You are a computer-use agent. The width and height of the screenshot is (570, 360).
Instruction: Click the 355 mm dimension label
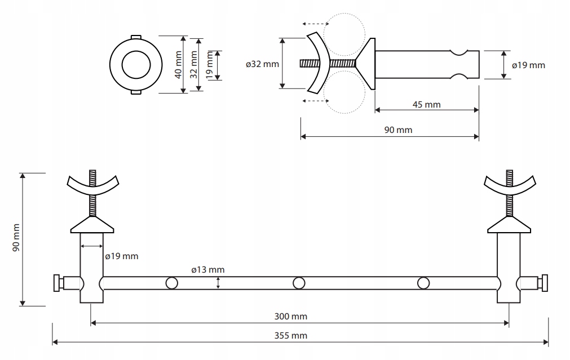(290, 335)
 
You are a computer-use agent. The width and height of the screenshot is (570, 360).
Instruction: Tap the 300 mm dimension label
(290, 317)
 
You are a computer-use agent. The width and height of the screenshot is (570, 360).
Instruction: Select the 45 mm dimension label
(426, 105)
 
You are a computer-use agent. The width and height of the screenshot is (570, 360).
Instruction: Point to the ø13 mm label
(208, 269)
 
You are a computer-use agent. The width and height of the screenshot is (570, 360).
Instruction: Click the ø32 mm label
(262, 64)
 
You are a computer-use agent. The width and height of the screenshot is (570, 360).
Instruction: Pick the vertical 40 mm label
(178, 65)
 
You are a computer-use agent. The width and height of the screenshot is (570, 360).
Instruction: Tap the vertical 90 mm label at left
(16, 238)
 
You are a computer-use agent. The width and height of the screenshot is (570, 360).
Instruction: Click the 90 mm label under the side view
(398, 130)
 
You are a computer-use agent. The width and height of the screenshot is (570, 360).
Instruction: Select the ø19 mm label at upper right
(528, 65)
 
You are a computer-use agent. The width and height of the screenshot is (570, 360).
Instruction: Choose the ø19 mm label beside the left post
(122, 256)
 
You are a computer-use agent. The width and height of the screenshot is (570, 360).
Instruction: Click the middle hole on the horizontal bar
(299, 283)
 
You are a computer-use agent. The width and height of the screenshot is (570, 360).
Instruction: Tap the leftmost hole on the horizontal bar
(171, 283)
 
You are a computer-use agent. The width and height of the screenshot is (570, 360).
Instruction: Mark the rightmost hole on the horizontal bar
(423, 283)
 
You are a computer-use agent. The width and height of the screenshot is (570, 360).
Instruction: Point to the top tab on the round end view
(136, 37)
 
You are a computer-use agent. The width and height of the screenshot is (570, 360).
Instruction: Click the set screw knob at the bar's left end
(57, 283)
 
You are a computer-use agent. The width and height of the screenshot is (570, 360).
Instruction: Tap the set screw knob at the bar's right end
(545, 283)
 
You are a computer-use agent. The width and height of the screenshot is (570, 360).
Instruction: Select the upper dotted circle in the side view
(344, 14)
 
